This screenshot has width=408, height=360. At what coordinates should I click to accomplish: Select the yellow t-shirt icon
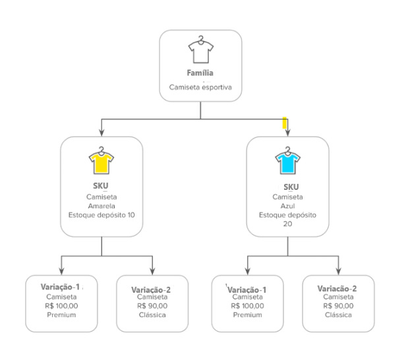[x=101, y=160]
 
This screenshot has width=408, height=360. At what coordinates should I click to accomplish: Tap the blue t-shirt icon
[x=287, y=160]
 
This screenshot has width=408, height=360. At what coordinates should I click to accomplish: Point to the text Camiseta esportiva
[x=201, y=86]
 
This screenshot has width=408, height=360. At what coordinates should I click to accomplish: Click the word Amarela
[x=101, y=206]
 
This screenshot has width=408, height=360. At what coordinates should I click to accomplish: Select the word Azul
[x=287, y=206]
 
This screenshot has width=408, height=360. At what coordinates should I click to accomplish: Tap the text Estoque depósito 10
[x=101, y=214]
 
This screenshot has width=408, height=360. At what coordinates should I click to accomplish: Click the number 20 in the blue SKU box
[x=287, y=224]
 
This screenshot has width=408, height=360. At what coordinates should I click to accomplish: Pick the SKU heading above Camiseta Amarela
[x=101, y=187]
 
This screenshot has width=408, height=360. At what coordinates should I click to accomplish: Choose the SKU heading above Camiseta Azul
[x=287, y=187]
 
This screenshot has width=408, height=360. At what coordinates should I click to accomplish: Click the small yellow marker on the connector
[x=285, y=122]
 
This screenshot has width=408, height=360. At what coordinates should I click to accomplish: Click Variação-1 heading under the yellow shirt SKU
[x=59, y=287]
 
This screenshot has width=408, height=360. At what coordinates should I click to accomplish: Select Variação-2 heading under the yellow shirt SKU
[x=151, y=289]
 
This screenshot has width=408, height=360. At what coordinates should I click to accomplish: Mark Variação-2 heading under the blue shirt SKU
[x=337, y=289]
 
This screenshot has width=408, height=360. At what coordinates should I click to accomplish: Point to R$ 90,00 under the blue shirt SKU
[x=337, y=306]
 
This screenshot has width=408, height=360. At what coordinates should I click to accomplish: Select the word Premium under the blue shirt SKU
[x=247, y=315]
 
